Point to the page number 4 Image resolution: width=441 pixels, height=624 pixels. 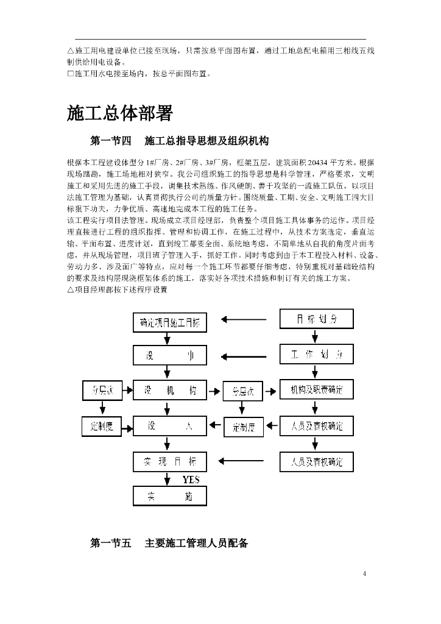tap(364, 573)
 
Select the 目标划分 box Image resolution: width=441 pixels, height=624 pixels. tap(316, 319)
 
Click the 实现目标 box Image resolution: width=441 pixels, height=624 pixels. tap(170, 461)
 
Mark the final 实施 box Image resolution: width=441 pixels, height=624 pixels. tap(170, 496)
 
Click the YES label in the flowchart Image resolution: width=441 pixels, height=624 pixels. tap(191, 480)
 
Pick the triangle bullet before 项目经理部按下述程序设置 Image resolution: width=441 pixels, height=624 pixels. tap(70, 290)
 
